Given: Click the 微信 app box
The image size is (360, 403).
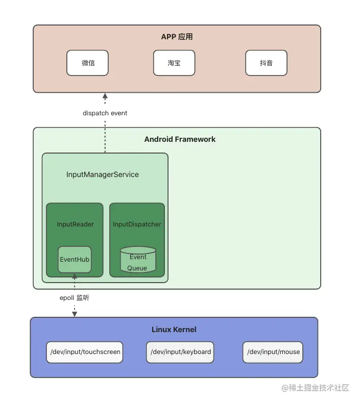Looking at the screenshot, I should (87, 63).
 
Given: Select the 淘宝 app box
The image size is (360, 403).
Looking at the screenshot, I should (174, 63).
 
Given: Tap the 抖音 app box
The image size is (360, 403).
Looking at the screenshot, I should (266, 63).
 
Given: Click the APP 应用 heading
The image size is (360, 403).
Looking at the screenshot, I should (177, 37).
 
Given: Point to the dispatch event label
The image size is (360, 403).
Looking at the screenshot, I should (105, 113).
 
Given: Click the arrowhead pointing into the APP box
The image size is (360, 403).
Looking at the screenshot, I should (105, 96).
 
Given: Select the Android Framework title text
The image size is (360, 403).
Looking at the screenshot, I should (180, 139).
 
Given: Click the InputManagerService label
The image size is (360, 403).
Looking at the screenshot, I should (102, 174).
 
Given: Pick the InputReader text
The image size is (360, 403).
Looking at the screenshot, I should (75, 224).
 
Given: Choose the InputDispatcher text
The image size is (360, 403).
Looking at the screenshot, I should (137, 224).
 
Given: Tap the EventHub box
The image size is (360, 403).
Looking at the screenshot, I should (75, 259).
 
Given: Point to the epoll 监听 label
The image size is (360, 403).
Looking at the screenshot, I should (75, 297).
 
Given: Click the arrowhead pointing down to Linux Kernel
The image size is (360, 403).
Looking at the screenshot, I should (75, 314).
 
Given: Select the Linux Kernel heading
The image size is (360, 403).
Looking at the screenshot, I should (174, 330).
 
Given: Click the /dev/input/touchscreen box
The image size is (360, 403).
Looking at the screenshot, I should (85, 352).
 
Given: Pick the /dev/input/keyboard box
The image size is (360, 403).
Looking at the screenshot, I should (180, 352).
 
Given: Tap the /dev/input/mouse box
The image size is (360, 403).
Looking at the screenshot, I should (273, 352).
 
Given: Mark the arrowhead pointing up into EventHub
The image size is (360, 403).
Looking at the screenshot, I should (75, 276).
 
